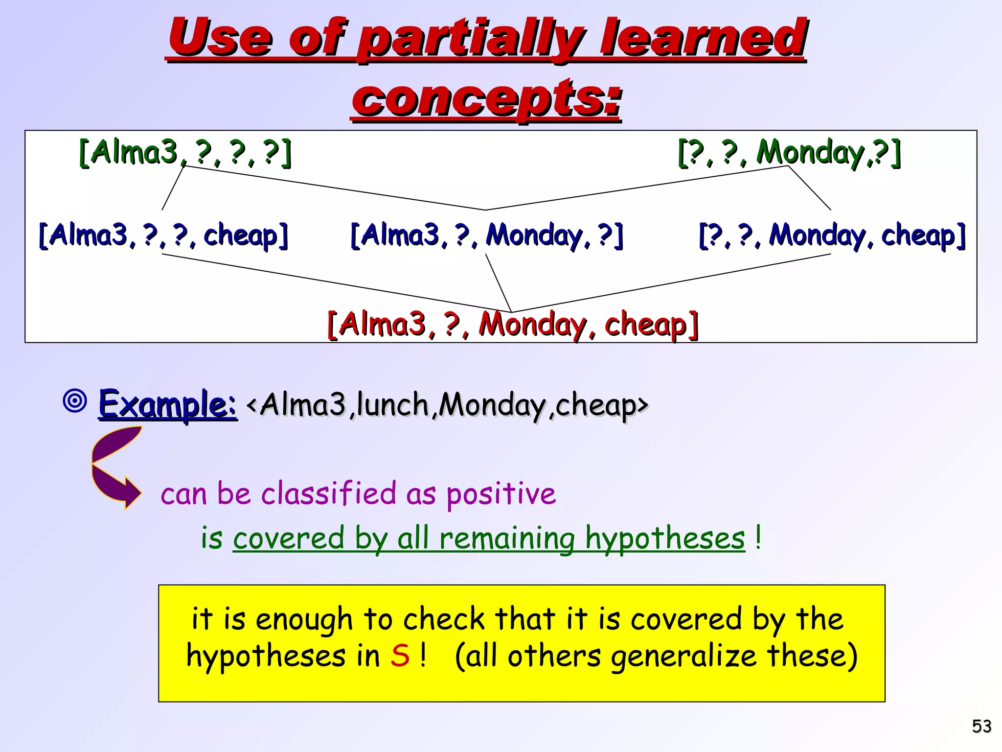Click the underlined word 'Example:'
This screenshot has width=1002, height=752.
click(x=168, y=404)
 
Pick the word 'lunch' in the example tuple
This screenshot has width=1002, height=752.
click(x=392, y=405)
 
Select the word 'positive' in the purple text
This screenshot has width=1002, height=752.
click(x=501, y=493)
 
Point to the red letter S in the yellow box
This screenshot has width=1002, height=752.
click(x=400, y=656)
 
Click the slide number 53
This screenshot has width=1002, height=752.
click(x=981, y=726)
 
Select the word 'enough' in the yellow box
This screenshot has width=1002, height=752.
click(x=303, y=619)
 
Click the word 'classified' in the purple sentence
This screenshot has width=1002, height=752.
click(x=328, y=493)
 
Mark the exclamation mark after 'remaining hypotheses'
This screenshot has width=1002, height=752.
click(x=757, y=538)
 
